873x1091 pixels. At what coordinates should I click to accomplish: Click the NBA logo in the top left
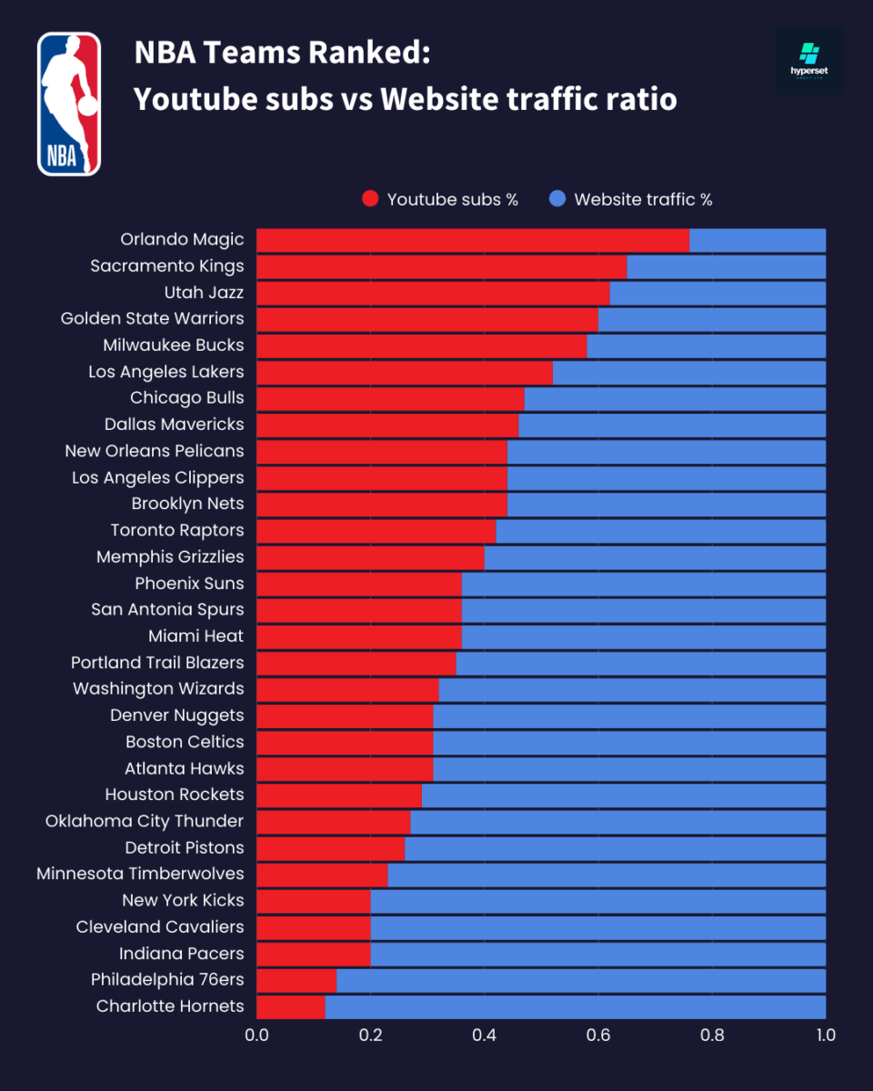point(69,104)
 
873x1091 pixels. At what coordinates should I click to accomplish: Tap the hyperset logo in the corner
point(808,61)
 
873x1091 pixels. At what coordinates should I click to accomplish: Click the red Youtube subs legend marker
point(370,199)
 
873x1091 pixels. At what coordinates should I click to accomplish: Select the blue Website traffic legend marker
point(557,199)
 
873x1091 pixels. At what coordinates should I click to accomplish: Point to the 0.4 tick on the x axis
point(484,1035)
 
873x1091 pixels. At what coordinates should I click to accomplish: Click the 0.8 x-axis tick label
point(712,1035)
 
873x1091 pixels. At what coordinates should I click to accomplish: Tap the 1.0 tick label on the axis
point(825,1035)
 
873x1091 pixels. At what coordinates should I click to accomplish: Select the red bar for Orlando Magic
point(473,240)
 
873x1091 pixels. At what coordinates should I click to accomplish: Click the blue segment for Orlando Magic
point(758,240)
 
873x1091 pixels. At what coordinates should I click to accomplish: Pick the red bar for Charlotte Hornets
point(291,1006)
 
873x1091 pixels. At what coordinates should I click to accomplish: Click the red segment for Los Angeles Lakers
point(405,372)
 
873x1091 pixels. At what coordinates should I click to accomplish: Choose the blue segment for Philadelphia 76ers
point(581,980)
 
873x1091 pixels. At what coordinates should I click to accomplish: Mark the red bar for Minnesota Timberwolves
point(322,875)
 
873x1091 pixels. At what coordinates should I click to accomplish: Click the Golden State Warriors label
point(152,319)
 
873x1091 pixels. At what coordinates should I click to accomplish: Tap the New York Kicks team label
point(183,901)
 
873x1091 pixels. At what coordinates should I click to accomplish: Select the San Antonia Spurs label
point(167,610)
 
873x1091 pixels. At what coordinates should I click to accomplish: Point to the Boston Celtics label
point(185,742)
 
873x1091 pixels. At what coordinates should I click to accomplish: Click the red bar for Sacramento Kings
point(442,266)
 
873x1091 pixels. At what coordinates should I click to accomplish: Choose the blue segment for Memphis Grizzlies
point(655,557)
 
